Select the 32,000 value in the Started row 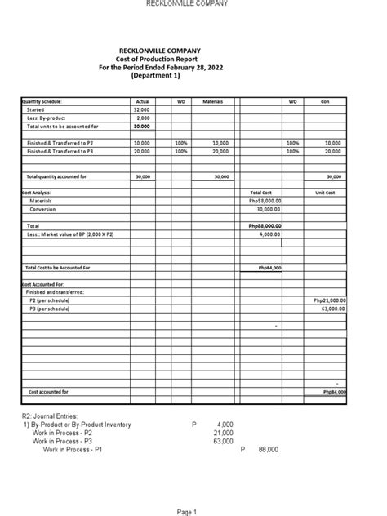[x=141, y=109]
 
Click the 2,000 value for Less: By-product [x=143, y=118]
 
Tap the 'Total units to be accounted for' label [x=62, y=127]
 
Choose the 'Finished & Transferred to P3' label [x=60, y=151]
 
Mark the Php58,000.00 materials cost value [x=265, y=201]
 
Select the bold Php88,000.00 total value [x=265, y=226]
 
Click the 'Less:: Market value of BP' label [x=70, y=234]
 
